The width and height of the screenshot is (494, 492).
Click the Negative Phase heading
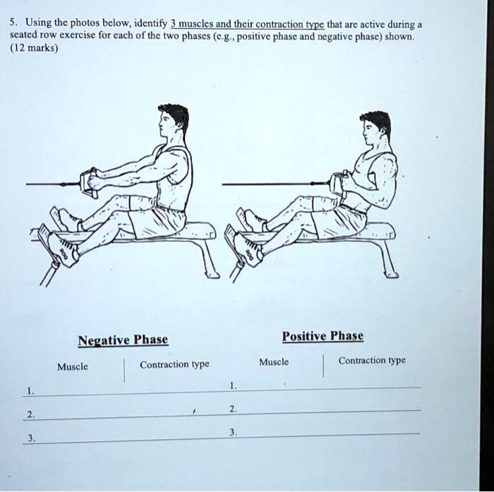123,340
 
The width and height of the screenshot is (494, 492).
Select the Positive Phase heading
323,336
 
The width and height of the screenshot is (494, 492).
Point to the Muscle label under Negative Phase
73,366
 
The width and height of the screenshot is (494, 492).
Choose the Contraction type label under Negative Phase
174,364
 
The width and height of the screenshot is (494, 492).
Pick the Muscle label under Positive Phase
274,361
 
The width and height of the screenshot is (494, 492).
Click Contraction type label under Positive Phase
372,360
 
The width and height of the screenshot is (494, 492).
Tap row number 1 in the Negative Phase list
28,390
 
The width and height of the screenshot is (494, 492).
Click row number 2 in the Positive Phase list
234,409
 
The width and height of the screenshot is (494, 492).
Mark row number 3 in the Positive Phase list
234,431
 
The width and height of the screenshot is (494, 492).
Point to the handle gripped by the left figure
91,181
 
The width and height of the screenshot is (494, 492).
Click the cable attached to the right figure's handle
275,185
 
